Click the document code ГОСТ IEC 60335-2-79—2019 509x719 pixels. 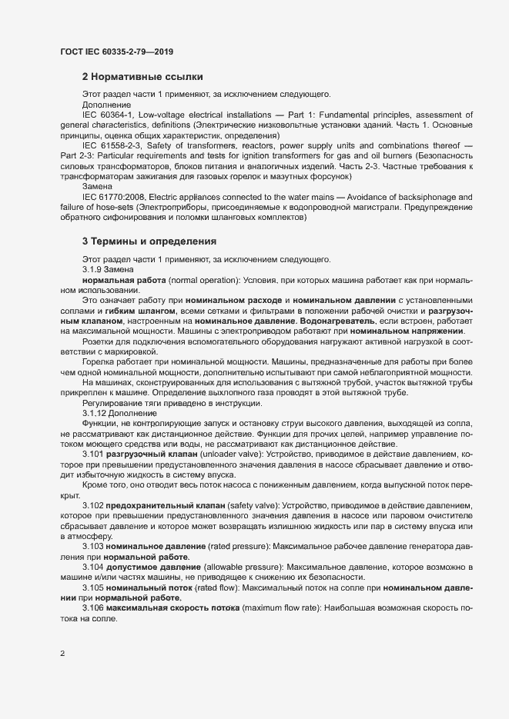pyautogui.click(x=116, y=52)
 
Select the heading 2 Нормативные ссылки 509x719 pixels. pyautogui.click(x=142, y=77)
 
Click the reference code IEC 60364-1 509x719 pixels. pyautogui.click(x=109, y=114)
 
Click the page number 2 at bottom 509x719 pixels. pyautogui.click(x=62, y=654)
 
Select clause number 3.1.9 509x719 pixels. pyautogui.click(x=93, y=269)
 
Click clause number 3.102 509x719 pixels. pyautogui.click(x=93, y=504)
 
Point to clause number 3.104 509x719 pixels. pyautogui.click(x=93, y=567)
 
